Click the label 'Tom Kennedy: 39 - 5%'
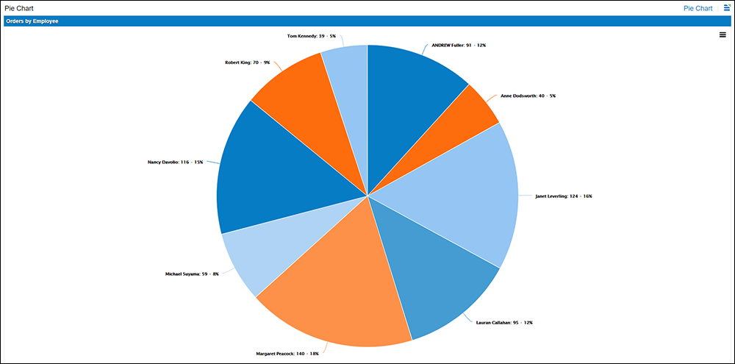[311, 35]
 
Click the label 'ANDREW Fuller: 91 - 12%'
[458, 46]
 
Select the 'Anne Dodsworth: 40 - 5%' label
[528, 96]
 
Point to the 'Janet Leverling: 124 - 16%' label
[563, 196]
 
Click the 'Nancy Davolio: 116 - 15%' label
[175, 162]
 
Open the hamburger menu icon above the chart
[723, 35]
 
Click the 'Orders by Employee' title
[32, 21]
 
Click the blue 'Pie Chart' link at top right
[698, 8]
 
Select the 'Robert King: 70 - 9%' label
[247, 63]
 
